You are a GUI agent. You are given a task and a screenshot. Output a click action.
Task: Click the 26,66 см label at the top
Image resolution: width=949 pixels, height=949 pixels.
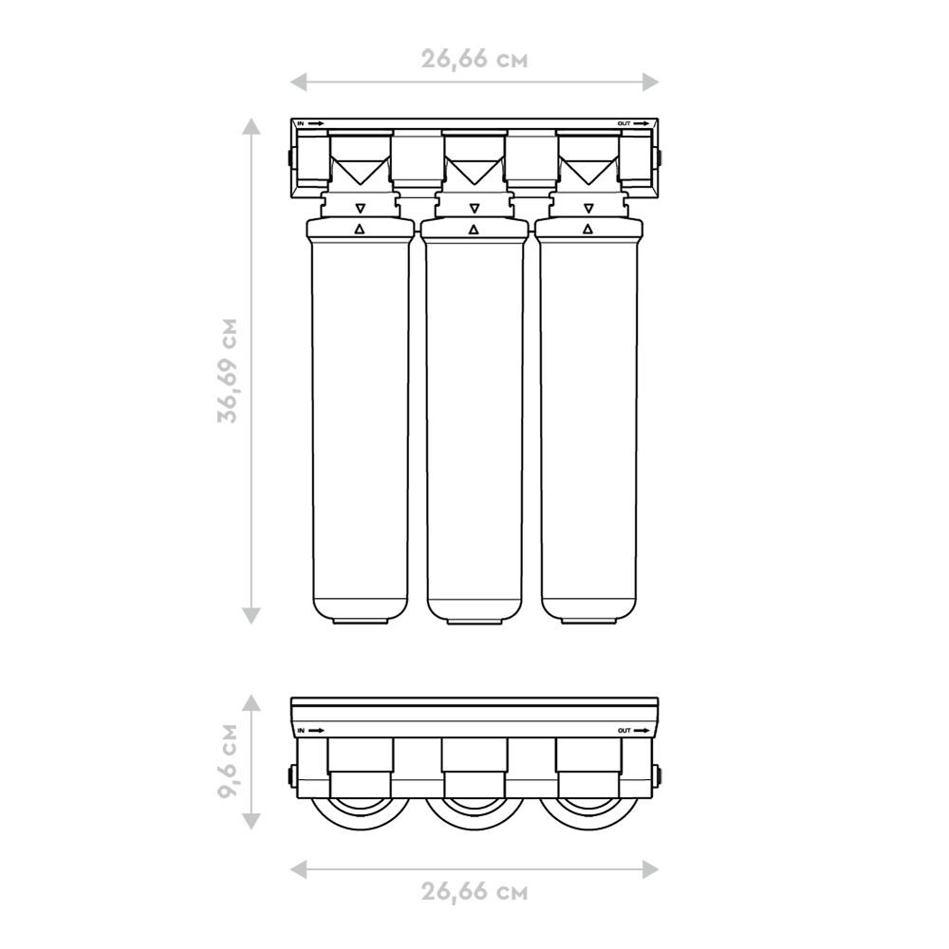(474, 59)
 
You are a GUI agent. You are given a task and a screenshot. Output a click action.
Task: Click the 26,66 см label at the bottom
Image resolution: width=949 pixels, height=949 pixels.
(474, 891)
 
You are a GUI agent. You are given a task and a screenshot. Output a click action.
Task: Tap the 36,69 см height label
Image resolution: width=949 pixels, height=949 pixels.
(228, 370)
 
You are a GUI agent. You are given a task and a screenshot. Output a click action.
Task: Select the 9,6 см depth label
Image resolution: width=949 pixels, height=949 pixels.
(228, 761)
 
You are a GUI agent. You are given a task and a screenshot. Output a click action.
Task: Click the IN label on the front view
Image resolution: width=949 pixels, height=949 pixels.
(301, 123)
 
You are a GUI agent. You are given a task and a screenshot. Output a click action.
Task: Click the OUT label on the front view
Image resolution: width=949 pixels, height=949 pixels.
(624, 123)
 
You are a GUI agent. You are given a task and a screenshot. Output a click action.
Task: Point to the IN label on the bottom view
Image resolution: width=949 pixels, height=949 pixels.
(301, 731)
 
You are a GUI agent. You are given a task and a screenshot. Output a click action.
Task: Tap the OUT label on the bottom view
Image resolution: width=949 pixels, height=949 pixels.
(624, 731)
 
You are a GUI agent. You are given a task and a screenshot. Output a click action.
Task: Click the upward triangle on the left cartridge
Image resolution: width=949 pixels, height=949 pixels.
(360, 229)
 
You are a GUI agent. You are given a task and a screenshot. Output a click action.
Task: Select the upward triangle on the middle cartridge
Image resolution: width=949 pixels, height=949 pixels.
(474, 229)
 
